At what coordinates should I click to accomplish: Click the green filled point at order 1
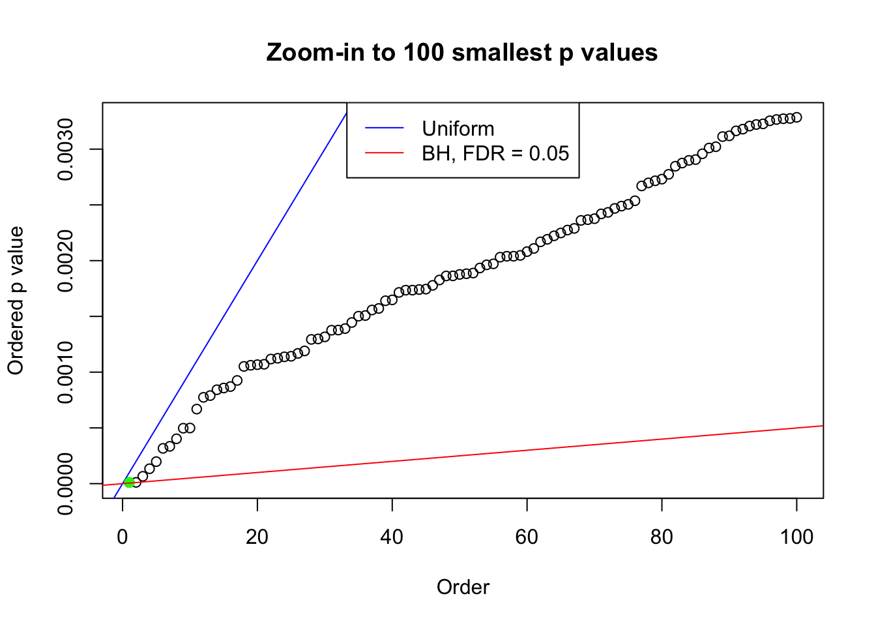(129, 483)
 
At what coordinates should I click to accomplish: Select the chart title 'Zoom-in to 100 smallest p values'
(462, 52)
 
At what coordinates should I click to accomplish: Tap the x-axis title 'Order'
(463, 587)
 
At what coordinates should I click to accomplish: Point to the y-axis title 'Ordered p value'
(16, 301)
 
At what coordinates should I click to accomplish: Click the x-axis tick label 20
(257, 537)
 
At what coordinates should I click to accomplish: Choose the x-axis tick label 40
(392, 537)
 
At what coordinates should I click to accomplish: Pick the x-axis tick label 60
(527, 537)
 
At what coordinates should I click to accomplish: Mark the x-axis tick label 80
(662, 537)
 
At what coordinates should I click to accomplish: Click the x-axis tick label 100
(796, 537)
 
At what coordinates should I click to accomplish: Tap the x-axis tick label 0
(123, 537)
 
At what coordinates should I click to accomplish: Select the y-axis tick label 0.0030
(65, 149)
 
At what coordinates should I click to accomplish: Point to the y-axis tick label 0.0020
(65, 261)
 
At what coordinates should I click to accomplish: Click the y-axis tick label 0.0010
(65, 372)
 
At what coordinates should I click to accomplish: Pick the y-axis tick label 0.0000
(65, 484)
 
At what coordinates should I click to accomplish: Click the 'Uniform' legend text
(458, 128)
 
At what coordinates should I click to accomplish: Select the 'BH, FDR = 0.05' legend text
(495, 153)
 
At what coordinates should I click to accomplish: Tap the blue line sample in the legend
(385, 128)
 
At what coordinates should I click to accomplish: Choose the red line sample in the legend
(385, 153)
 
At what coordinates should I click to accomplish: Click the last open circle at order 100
(796, 117)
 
